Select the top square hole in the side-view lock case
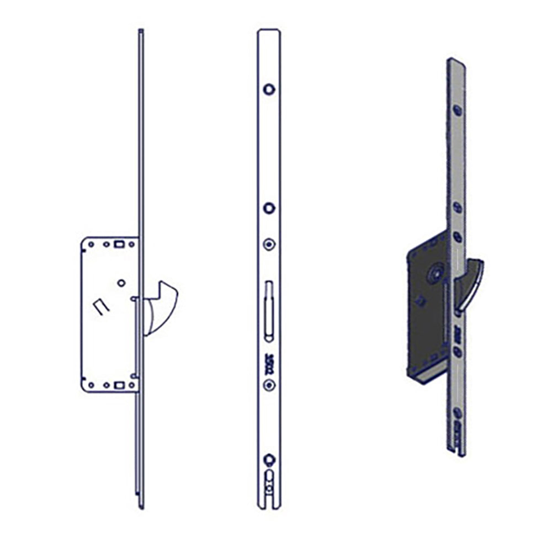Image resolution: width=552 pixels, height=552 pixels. click(x=118, y=243)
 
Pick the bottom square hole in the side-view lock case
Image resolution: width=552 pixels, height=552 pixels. click(x=118, y=385)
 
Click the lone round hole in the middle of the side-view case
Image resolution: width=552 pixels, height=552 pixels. click(x=121, y=283)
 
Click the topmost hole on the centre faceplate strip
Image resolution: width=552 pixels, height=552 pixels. click(x=269, y=89)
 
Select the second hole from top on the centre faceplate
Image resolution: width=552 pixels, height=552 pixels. click(x=269, y=208)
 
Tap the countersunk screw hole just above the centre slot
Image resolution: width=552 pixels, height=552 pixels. click(x=269, y=244)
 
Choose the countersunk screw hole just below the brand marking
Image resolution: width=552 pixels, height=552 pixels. click(x=269, y=386)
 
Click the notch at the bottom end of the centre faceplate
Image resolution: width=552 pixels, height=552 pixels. click(x=269, y=500)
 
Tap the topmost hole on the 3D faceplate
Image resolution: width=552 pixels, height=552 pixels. click(x=458, y=110)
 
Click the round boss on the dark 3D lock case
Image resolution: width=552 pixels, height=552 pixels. click(x=437, y=272)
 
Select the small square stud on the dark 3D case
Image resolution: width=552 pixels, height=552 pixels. click(x=421, y=301)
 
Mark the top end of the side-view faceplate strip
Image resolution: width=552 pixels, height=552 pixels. click(x=141, y=31)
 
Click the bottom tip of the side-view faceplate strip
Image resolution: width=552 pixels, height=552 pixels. click(x=141, y=506)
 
